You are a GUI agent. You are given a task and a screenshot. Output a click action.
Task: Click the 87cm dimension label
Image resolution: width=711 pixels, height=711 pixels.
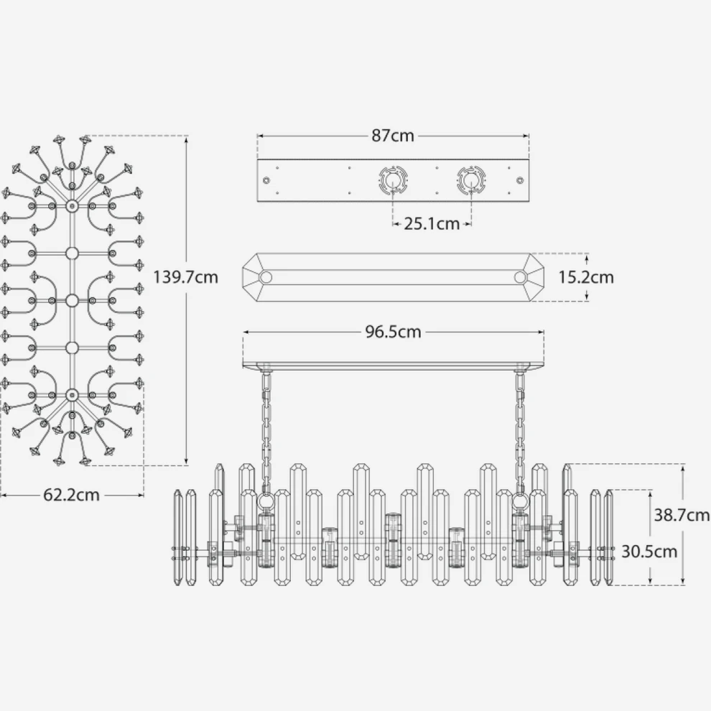393,136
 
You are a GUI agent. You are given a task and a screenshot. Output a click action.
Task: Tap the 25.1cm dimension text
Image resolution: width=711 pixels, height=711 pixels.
432,223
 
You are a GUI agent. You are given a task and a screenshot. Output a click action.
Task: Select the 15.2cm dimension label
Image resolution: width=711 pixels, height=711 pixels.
586,277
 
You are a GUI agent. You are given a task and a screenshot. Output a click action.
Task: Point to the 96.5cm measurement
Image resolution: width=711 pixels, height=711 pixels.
393,332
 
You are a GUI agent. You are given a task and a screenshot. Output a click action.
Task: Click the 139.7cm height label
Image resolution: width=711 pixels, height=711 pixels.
185,276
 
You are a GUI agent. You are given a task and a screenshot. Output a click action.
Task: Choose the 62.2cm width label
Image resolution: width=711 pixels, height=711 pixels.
71,495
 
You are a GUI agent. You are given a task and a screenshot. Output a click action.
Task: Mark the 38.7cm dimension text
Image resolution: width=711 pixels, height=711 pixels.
682,515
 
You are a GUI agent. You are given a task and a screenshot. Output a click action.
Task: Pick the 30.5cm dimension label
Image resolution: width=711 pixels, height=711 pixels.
649,552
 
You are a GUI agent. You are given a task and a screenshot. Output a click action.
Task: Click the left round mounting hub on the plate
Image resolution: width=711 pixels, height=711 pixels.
393,180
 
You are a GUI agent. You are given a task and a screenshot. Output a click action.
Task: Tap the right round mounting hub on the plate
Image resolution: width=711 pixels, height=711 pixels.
471,180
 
